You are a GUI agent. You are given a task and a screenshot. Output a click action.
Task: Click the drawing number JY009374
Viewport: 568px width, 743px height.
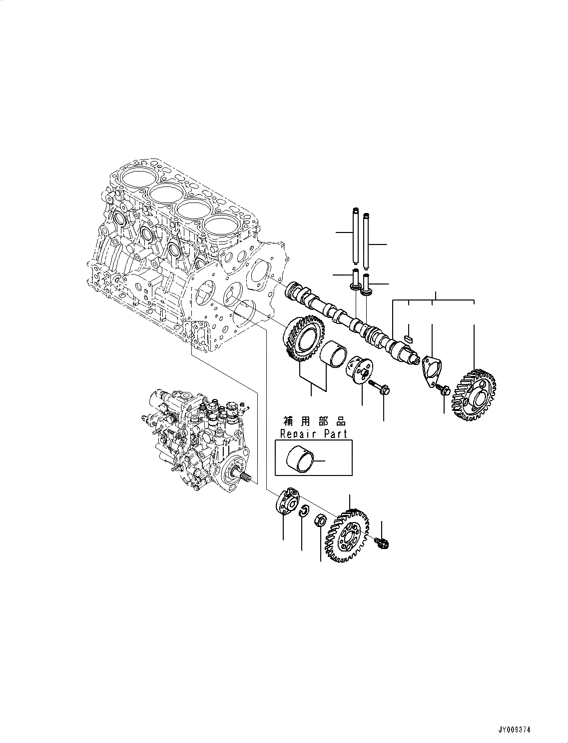tap(514, 730)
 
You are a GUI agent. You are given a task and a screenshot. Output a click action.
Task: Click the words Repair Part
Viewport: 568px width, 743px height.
tap(313, 433)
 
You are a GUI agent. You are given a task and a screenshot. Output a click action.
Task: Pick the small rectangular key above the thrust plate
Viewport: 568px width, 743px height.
tap(408, 338)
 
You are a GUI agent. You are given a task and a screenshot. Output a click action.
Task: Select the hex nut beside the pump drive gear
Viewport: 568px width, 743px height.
tap(320, 521)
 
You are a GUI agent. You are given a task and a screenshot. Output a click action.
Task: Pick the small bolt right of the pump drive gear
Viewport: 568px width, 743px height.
tap(383, 542)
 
